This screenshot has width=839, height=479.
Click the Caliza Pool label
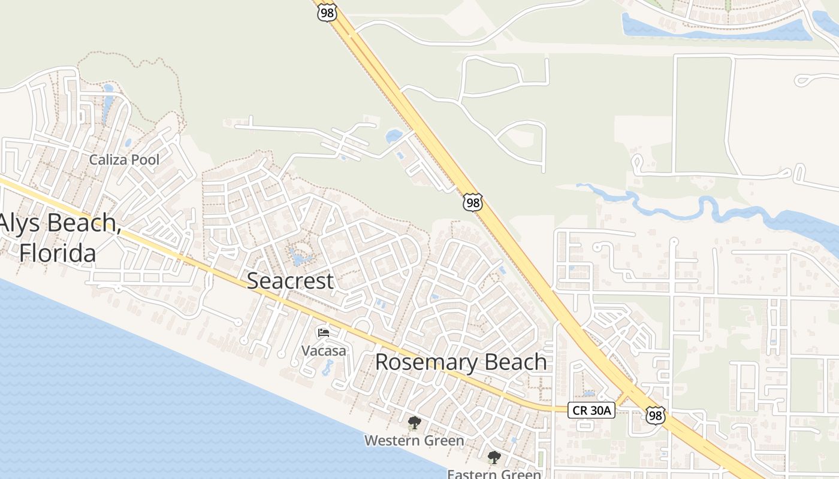coord(124,160)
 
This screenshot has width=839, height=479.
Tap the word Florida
coord(58,253)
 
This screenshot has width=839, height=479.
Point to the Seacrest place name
coord(290,280)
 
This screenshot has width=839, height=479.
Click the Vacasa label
coord(324,351)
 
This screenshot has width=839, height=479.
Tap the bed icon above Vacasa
coord(324,333)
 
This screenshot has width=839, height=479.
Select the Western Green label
coord(414,441)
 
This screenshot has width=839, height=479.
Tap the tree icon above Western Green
coord(414,423)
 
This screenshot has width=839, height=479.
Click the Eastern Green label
coord(494,474)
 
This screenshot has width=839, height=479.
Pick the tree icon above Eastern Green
coord(494,458)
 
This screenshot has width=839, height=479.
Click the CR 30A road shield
coord(591,410)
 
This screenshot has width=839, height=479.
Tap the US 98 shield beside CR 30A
coord(656,415)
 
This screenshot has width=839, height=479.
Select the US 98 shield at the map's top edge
coord(327,13)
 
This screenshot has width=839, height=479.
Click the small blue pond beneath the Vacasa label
coord(328,367)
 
